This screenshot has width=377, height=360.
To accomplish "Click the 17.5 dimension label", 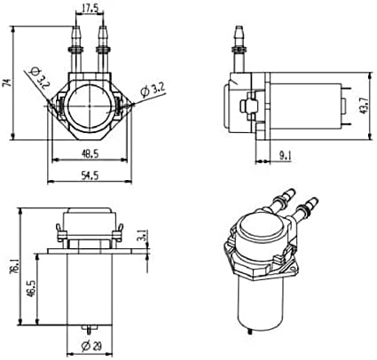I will [x=90, y=9].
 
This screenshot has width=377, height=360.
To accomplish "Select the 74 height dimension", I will [x=7, y=82].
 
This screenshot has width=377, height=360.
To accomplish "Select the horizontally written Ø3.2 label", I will [x=155, y=90].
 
